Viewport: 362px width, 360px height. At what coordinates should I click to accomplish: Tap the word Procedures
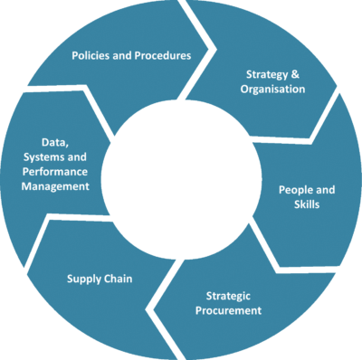(x=162, y=55)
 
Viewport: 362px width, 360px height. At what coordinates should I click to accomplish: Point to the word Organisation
(x=272, y=90)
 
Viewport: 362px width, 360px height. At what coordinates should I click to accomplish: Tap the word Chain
(x=120, y=279)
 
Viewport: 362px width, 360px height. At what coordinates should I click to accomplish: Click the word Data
(x=55, y=142)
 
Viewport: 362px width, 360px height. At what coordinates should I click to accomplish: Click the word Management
(x=56, y=186)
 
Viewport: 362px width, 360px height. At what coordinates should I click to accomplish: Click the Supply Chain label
(x=100, y=279)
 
